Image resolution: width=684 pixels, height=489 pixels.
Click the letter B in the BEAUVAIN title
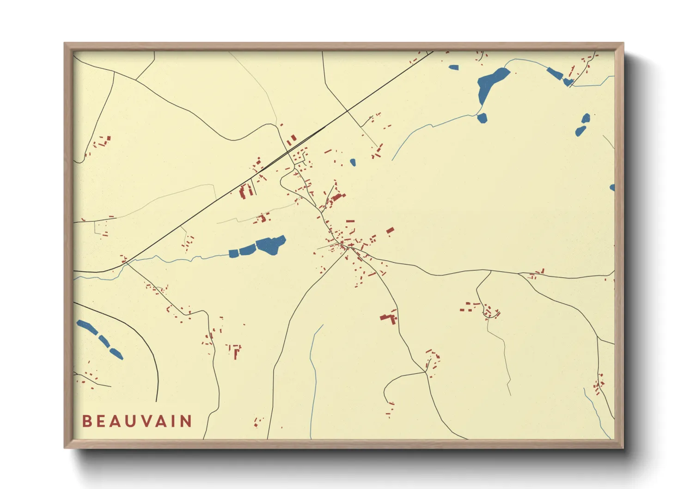point(86,421)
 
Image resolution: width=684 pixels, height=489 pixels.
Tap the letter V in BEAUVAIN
point(144,421)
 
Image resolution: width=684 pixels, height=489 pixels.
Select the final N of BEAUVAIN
point(186,421)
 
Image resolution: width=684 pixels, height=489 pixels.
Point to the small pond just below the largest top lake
point(482,118)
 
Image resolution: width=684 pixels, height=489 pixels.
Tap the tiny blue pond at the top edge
point(453,67)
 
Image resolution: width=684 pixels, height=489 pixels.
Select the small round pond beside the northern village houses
point(353,162)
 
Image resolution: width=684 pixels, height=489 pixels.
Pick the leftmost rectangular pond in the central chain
point(234,253)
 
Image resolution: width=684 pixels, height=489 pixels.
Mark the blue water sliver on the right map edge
point(612,188)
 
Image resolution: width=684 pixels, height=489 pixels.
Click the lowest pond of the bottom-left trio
point(116,354)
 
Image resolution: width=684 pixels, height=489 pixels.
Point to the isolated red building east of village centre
point(390,230)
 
